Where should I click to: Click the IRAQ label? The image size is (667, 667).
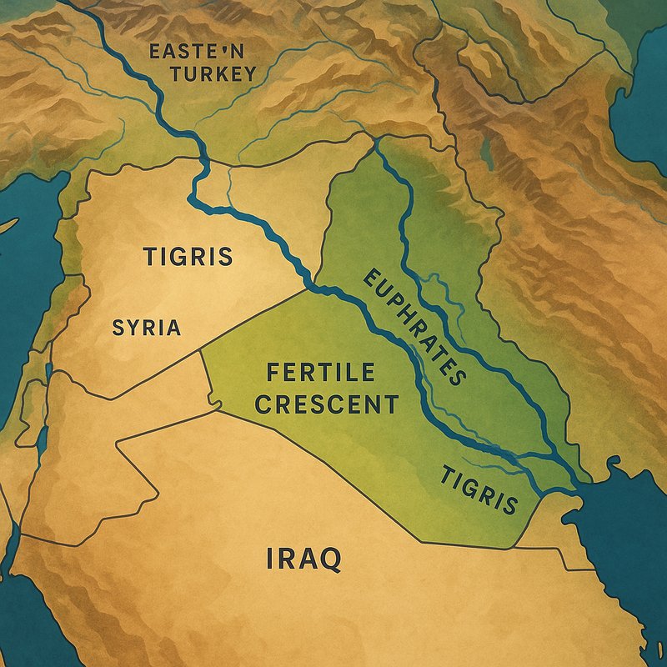pyautogui.click(x=303, y=559)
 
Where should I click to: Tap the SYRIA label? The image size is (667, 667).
pyautogui.click(x=146, y=328)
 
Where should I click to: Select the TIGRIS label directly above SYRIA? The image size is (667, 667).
pyautogui.click(x=188, y=256)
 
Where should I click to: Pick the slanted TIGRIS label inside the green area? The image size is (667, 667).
pyautogui.click(x=479, y=491)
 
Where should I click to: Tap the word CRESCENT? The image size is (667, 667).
pyautogui.click(x=326, y=405)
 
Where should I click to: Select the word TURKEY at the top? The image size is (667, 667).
pyautogui.click(x=213, y=74)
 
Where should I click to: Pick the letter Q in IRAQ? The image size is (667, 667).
pyautogui.click(x=329, y=559)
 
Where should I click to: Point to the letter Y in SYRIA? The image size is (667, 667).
pyautogui.click(x=132, y=328)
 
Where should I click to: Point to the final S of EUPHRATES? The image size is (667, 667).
pyautogui.click(x=457, y=377)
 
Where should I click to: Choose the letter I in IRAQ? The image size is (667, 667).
pyautogui.click(x=271, y=559)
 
